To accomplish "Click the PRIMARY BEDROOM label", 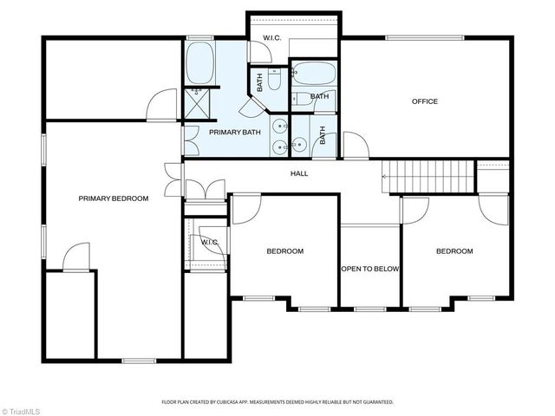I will pyautogui.click(x=114, y=198).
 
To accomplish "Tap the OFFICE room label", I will pyautogui.click(x=424, y=101).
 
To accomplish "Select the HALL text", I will pyautogui.click(x=299, y=173).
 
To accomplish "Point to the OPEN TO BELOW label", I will pyautogui.click(x=369, y=269).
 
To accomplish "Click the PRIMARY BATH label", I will pyautogui.click(x=229, y=132).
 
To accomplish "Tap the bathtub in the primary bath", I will pyautogui.click(x=200, y=62).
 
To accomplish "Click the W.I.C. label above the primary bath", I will pyautogui.click(x=271, y=37).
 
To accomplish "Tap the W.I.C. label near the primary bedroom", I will pyautogui.click(x=209, y=242).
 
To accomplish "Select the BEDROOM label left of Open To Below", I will pyautogui.click(x=284, y=251).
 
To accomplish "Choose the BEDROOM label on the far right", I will pyautogui.click(x=454, y=251).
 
